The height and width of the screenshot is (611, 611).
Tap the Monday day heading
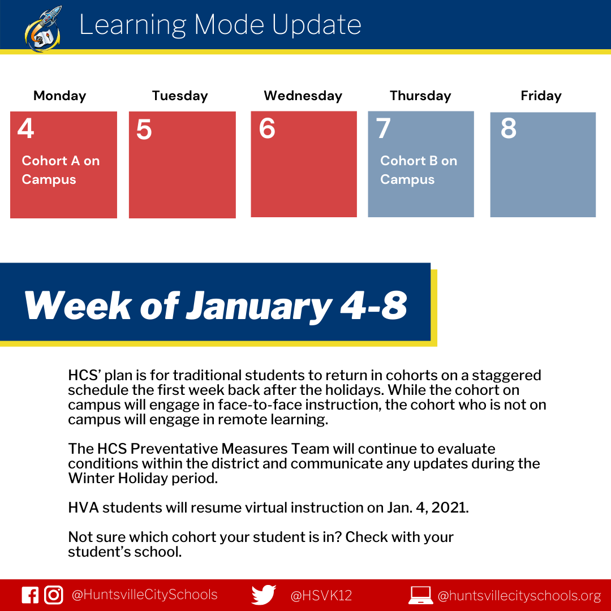click(x=59, y=96)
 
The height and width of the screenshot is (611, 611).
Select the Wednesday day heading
click(x=303, y=96)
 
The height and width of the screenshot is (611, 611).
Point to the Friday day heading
click(x=541, y=96)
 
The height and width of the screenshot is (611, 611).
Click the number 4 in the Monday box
click(x=25, y=128)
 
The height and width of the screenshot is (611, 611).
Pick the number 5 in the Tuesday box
click(x=144, y=130)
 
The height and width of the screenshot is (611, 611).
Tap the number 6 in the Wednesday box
click(x=267, y=128)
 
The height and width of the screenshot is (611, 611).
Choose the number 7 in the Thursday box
click(x=383, y=128)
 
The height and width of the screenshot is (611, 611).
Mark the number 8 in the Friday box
click(x=509, y=128)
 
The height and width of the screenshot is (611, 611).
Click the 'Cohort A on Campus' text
click(x=61, y=170)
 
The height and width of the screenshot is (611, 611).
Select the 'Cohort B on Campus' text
click(x=419, y=170)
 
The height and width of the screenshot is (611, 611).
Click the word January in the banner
click(x=259, y=307)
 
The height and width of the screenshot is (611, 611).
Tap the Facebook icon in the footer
click(x=30, y=595)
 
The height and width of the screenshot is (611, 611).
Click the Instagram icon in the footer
click(x=53, y=595)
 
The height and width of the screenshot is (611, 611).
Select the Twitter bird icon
click(x=264, y=595)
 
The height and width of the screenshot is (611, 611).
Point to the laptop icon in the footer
click(x=420, y=595)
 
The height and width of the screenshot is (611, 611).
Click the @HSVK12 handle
click(x=321, y=595)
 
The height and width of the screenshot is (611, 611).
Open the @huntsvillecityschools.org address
click(x=519, y=595)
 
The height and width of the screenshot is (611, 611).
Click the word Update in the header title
click(x=316, y=25)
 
